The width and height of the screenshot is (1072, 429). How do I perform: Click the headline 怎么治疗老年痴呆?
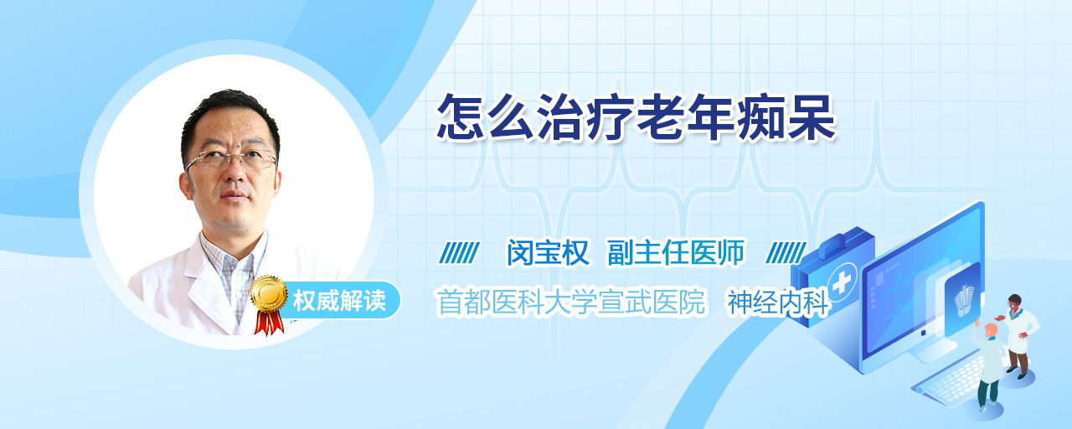[636, 117]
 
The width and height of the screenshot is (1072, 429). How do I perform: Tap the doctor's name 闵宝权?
[548, 252]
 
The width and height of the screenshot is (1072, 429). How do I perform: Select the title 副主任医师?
[676, 252]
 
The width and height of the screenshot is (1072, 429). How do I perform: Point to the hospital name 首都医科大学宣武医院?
[571, 302]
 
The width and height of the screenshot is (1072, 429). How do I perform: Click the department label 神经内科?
[778, 303]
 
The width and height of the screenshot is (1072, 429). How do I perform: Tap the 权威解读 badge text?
[339, 301]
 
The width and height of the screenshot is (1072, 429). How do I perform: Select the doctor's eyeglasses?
[231, 159]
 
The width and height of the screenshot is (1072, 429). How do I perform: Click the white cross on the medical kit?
[842, 283]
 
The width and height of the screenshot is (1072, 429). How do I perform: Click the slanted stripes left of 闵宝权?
[459, 253]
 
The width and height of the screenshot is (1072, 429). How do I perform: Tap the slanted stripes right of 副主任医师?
[786, 253]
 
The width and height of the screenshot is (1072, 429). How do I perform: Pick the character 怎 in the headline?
[461, 117]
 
